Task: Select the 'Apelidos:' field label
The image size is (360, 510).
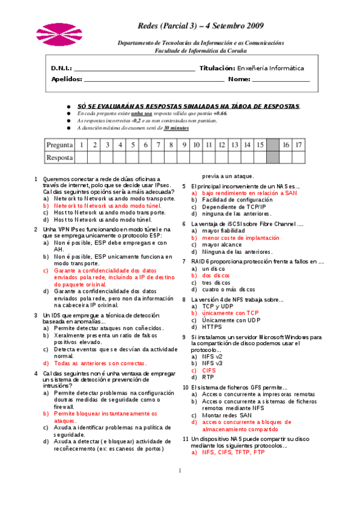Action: coord(67,79)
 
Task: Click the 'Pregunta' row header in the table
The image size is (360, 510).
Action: coord(59,145)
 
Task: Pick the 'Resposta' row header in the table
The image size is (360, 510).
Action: coord(59,158)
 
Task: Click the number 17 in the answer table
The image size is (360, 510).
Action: coord(299,145)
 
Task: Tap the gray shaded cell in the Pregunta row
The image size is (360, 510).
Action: coord(273,145)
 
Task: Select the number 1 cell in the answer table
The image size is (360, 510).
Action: coord(81,145)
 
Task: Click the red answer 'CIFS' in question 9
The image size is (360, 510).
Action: coord(209,370)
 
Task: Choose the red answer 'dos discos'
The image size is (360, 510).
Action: coord(216,275)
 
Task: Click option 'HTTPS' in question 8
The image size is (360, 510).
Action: coord(212,327)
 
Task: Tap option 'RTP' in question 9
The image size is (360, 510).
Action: coord(208,377)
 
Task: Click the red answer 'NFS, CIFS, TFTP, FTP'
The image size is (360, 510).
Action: coord(233,452)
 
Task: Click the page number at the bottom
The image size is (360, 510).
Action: coord(180,470)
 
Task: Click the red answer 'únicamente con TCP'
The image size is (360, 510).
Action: coord(230,313)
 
